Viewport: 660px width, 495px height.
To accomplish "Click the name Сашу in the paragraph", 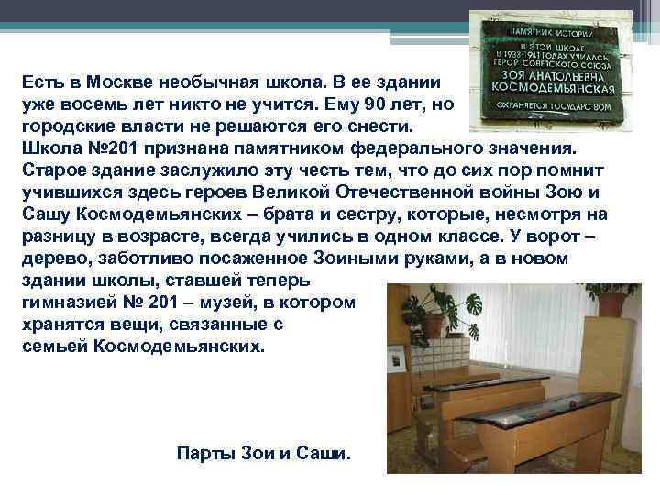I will pos(49,214).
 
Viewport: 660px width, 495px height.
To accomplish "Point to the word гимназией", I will pos(70,303).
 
